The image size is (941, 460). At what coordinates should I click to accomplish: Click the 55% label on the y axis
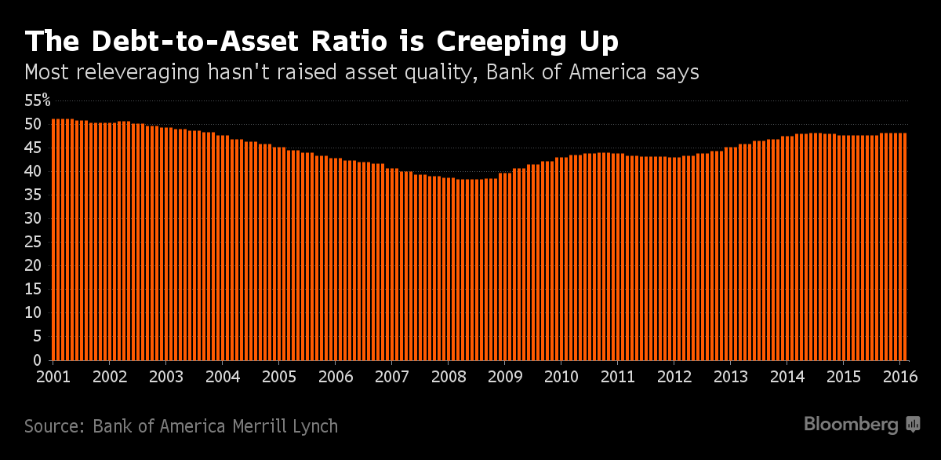coord(37,100)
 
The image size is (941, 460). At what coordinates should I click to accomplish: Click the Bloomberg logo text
coord(851,425)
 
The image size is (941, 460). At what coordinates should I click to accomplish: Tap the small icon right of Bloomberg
coord(914,425)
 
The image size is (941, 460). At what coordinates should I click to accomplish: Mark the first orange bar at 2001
coord(53,239)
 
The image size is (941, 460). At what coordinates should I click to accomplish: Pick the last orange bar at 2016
coord(905,246)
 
